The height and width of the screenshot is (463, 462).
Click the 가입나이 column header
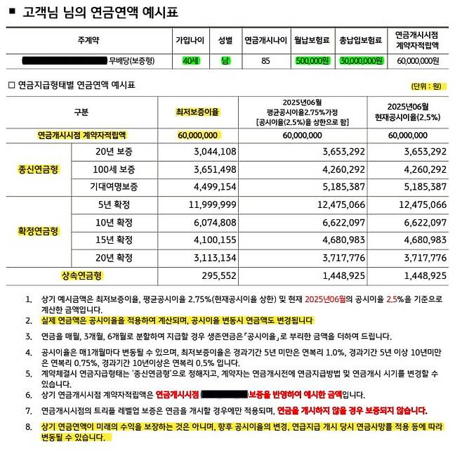coord(191,41)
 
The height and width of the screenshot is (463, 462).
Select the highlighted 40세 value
coord(191,61)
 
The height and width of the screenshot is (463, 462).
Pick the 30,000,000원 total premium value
coord(361,61)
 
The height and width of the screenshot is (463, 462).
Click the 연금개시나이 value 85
coord(265,61)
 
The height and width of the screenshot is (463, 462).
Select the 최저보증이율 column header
coord(197,112)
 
